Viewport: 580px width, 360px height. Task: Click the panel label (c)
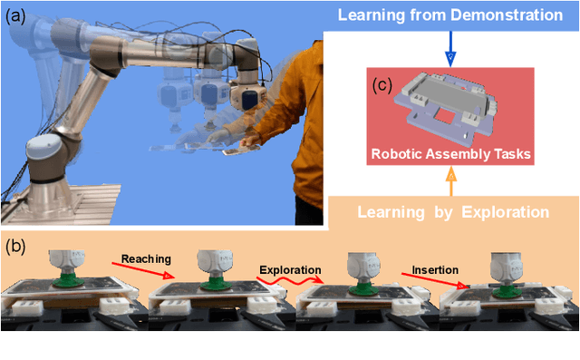pyautogui.click(x=382, y=87)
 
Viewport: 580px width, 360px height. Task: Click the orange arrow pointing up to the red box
pyautogui.click(x=449, y=182)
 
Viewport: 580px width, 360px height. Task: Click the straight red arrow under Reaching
pyautogui.click(x=146, y=270)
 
